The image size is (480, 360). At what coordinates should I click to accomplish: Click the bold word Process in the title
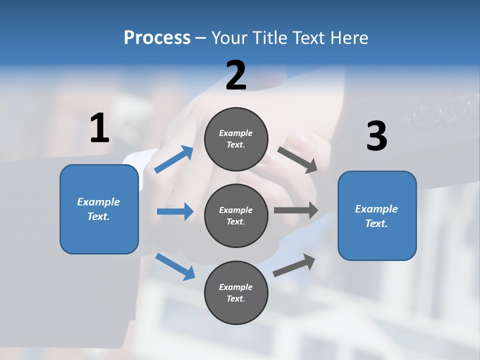[157, 37]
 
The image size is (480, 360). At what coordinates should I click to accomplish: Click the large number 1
[99, 128]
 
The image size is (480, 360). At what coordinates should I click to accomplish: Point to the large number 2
[236, 75]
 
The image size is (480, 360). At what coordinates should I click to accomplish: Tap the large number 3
[376, 136]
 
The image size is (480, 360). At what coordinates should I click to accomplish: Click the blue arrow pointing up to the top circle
[173, 159]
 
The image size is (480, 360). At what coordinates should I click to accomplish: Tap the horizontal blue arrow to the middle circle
[175, 211]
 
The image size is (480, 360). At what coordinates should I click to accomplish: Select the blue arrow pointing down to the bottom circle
[175, 266]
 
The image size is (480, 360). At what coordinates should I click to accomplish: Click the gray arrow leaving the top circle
[297, 160]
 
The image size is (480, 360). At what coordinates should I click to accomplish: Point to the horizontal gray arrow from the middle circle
[296, 210]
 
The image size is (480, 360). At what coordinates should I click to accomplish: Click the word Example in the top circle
[236, 133]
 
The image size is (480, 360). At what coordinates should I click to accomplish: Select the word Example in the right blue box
[376, 209]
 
